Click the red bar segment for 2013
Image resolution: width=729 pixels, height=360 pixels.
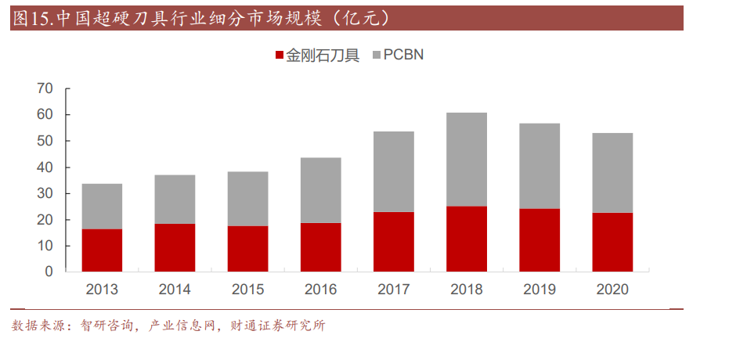102,250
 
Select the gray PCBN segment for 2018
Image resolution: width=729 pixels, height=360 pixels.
467,160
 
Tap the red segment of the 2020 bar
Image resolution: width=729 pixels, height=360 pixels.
612,242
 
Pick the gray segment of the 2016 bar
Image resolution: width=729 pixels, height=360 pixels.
321,190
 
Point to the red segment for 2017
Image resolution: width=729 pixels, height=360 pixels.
394,242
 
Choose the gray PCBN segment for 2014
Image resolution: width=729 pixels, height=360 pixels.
175,200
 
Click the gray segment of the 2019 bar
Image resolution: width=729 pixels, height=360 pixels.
540,166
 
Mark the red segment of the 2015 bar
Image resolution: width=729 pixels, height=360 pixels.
247,249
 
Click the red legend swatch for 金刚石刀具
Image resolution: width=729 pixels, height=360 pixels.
279,56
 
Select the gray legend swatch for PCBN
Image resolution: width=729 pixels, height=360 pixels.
376,56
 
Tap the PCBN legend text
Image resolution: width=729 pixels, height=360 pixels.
403,56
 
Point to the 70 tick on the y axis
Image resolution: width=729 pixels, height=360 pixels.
45,88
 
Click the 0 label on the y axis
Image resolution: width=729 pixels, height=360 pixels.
49,272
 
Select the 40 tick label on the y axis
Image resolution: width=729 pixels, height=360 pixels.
45,167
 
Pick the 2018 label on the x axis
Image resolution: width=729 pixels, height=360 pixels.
467,290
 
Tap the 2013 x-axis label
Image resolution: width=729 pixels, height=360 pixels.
102,290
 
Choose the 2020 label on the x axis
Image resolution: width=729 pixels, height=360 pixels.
612,290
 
